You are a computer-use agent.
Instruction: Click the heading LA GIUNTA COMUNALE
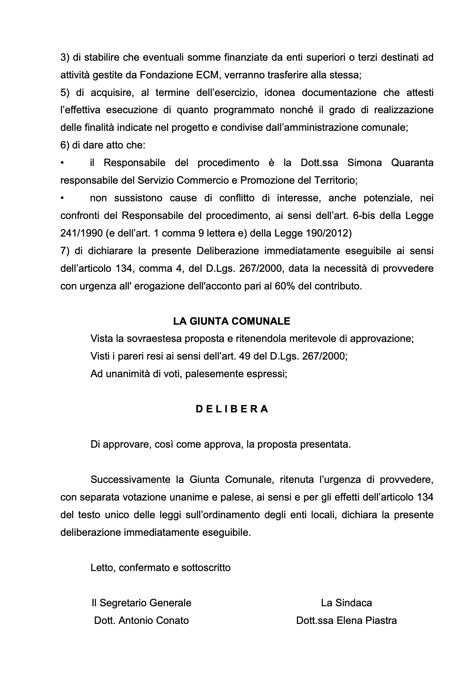pos(232,321)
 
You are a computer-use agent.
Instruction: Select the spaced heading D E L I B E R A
pos(232,409)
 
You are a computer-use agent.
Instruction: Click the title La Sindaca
pos(346,603)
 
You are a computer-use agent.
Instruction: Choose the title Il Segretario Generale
pos(141,603)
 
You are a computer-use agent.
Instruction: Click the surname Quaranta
pos(412,163)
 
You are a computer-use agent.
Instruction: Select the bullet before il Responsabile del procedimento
pos(62,163)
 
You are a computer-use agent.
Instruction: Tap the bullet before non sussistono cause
pos(62,198)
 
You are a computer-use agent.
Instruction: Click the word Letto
pos(102,567)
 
